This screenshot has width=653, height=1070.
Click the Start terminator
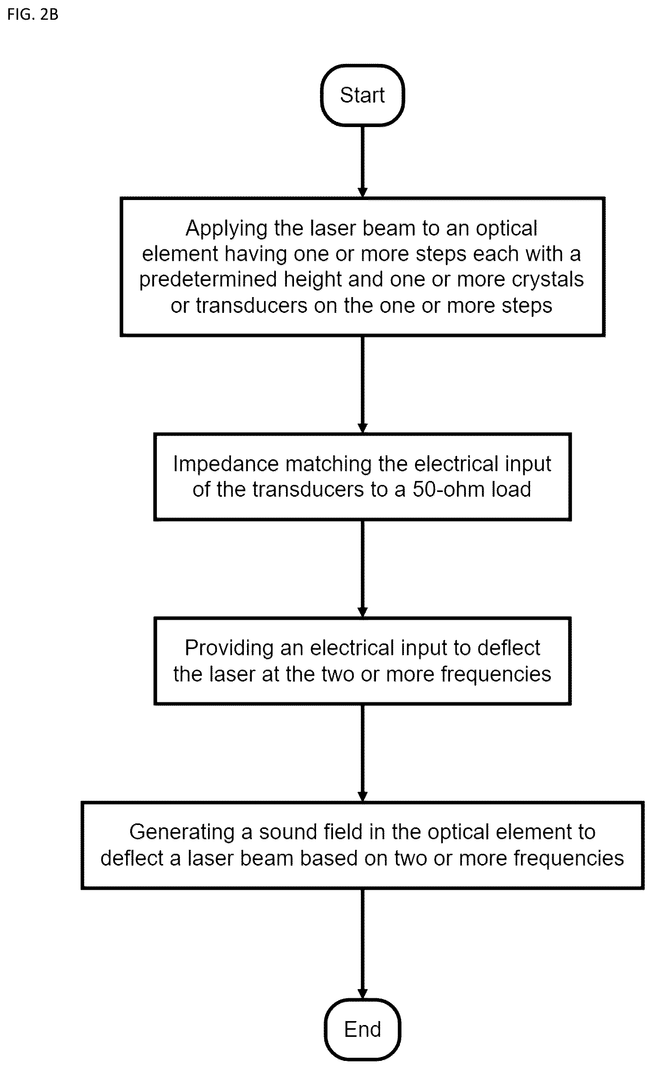[362, 95]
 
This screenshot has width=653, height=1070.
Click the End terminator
[362, 1029]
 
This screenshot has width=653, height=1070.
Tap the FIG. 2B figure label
[33, 14]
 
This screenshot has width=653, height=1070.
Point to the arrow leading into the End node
[363, 944]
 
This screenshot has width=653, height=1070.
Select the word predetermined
[208, 279]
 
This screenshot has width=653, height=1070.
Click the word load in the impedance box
[511, 489]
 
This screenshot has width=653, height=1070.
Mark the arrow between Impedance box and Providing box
[363, 569]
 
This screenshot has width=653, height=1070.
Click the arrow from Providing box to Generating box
[363, 753]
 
